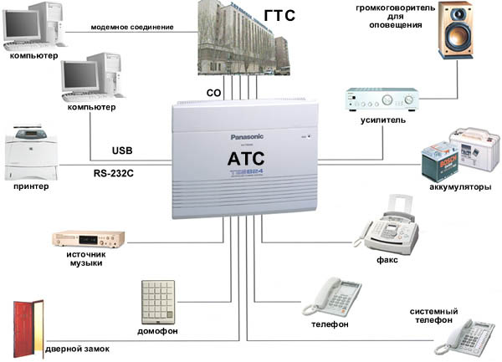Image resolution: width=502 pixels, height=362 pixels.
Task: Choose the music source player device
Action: coord(88,241)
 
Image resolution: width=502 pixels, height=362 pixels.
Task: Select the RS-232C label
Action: coord(117,173)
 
